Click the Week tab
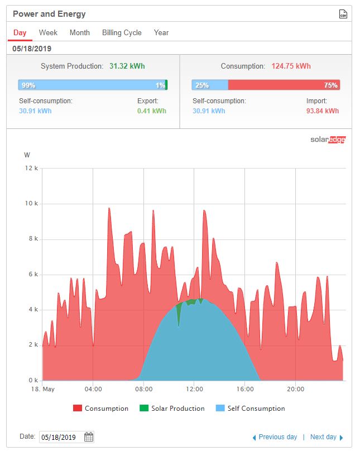[48, 33]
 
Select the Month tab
[79, 33]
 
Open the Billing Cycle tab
[122, 33]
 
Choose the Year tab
[161, 33]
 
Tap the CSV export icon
[343, 14]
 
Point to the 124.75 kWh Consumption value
[291, 66]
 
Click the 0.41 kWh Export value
[152, 111]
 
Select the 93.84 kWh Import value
[323, 111]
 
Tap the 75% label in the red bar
[330, 85]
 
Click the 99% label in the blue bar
[28, 85]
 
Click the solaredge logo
[328, 140]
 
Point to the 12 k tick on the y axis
[31, 169]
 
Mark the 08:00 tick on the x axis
[143, 389]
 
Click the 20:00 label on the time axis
[295, 389]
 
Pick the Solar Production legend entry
[172, 409]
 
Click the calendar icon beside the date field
[89, 437]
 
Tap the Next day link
[327, 437]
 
